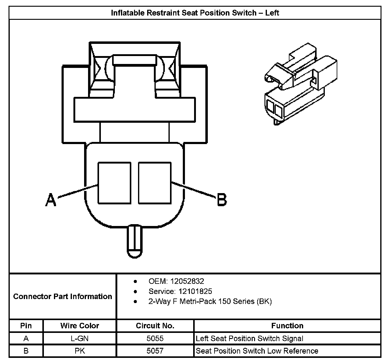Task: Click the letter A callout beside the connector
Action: click(x=51, y=200)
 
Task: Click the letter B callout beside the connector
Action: click(x=222, y=200)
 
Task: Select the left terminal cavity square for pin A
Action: click(x=114, y=183)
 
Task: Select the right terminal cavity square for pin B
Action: click(x=155, y=183)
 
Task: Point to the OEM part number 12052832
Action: click(x=187, y=281)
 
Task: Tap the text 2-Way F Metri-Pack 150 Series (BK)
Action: click(x=210, y=302)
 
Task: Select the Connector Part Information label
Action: click(x=62, y=297)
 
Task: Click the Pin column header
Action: click(x=26, y=326)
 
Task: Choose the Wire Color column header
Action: click(x=80, y=326)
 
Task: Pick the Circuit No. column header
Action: click(x=155, y=326)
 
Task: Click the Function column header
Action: click(x=287, y=326)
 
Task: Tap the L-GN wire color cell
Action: click(x=80, y=338)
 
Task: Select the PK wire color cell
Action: click(x=80, y=351)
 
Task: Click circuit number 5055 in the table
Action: click(x=155, y=338)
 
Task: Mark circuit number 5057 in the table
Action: click(x=155, y=351)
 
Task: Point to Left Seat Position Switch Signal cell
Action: click(x=250, y=338)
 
